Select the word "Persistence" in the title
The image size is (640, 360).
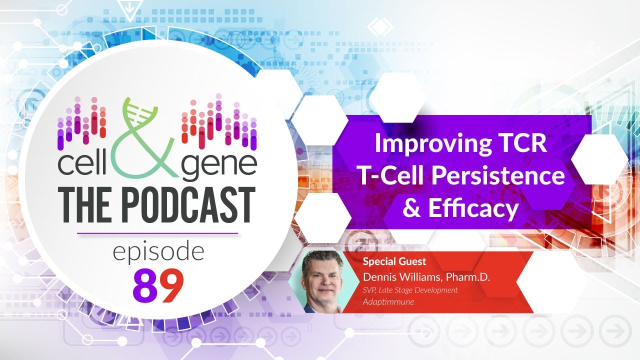click(x=505, y=175)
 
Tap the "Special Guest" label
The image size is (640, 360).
click(x=394, y=261)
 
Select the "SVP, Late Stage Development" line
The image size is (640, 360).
click(x=410, y=290)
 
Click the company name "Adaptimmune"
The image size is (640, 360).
click(x=388, y=302)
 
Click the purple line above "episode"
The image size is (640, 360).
click(x=157, y=233)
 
